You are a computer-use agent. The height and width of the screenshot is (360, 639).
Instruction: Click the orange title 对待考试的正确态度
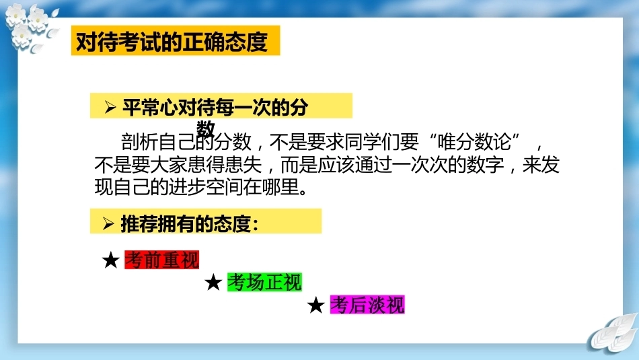[x=172, y=41]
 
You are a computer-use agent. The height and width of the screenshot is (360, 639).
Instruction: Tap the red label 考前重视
[x=162, y=260]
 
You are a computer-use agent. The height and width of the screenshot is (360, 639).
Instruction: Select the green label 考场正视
[x=264, y=282]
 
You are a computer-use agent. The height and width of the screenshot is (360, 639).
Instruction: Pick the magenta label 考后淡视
[x=367, y=305]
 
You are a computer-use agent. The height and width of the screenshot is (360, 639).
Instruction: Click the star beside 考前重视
[x=111, y=260]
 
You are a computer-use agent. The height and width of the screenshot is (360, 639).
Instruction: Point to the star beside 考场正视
[x=213, y=282]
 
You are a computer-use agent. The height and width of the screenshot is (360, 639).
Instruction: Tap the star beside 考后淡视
[x=316, y=305]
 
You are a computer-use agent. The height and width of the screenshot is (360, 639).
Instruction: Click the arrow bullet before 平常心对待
[x=110, y=107]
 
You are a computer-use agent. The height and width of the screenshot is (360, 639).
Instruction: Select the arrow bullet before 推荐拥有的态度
[x=108, y=223]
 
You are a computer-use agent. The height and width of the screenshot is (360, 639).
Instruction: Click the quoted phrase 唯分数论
[x=474, y=142]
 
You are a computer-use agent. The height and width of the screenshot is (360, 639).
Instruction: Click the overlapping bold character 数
[x=205, y=129]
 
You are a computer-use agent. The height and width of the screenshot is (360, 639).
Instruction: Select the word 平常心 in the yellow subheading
[x=150, y=107]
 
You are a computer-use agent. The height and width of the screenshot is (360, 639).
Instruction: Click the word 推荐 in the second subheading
[x=139, y=223]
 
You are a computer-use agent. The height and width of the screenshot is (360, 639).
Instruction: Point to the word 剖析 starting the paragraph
[x=139, y=142]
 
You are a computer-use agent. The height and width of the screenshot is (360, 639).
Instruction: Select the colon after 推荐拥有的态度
[x=255, y=225]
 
